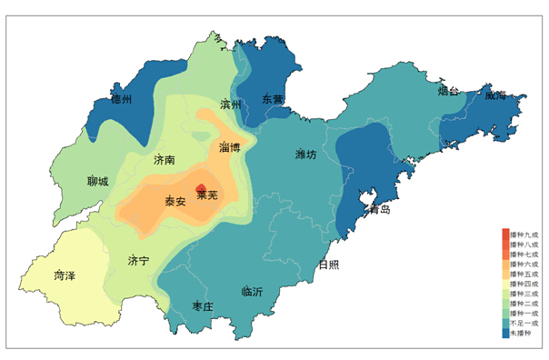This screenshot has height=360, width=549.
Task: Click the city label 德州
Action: [x=121, y=100]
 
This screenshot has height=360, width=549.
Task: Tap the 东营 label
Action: [x=273, y=98]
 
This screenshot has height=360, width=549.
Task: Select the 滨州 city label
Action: [x=231, y=105]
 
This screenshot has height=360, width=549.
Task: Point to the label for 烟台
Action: [x=448, y=91]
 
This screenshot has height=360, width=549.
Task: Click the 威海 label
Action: [x=495, y=95]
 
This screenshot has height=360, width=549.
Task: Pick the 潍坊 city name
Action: [x=306, y=155]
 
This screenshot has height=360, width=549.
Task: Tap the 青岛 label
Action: [x=379, y=209]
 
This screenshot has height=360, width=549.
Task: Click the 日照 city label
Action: [x=329, y=265]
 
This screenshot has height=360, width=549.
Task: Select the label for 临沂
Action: [x=252, y=292]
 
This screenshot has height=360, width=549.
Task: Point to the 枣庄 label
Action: [x=203, y=305]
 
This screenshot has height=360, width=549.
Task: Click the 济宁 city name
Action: [x=139, y=261]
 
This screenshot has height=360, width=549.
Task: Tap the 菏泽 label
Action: [x=65, y=274]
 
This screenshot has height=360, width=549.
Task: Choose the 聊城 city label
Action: [x=97, y=181]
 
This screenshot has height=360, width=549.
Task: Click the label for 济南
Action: [x=165, y=159]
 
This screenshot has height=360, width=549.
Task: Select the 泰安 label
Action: [x=175, y=201]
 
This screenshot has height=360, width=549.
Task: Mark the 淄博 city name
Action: [x=230, y=146]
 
